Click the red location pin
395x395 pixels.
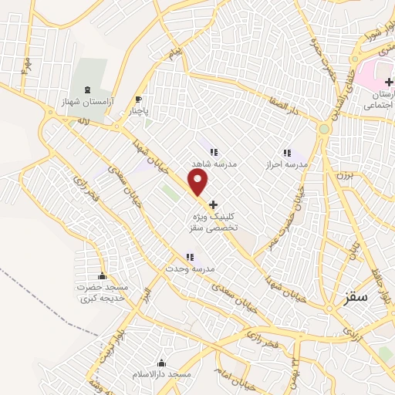200,183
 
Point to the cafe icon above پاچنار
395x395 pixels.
139,99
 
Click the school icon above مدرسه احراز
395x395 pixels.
288,153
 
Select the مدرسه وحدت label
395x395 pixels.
190,268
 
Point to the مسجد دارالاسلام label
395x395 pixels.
161,375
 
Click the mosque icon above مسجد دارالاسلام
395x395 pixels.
161,363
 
